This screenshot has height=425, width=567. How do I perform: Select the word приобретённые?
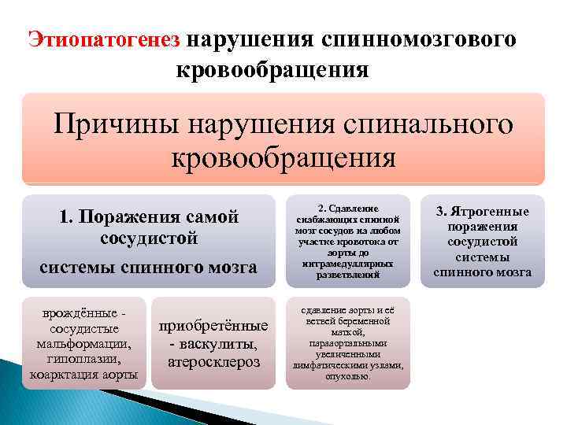(x=213, y=327)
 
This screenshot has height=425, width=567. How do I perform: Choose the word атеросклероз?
(x=213, y=362)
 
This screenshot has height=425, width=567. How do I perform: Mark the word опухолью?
(x=347, y=377)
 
